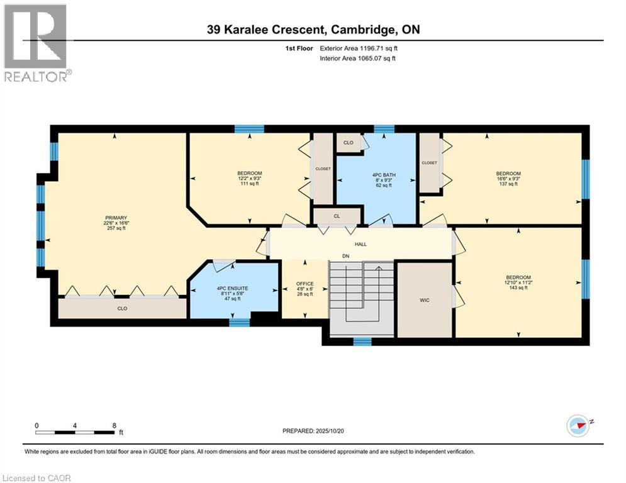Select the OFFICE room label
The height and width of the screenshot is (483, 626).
point(305,284)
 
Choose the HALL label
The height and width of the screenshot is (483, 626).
point(361,244)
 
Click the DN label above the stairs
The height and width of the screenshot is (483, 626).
point(345,256)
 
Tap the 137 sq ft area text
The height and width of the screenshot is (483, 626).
point(508,184)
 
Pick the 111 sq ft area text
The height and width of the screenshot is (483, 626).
point(249,184)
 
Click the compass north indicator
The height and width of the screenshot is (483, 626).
point(578,425)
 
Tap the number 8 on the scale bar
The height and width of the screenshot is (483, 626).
point(114,425)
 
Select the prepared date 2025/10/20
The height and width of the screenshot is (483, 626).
point(313,431)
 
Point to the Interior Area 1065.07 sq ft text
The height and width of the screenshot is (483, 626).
point(357,58)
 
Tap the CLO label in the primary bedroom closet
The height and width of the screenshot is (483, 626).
point(122,308)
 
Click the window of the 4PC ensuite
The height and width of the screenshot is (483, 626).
point(239,323)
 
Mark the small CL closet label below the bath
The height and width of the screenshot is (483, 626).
point(337,216)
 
